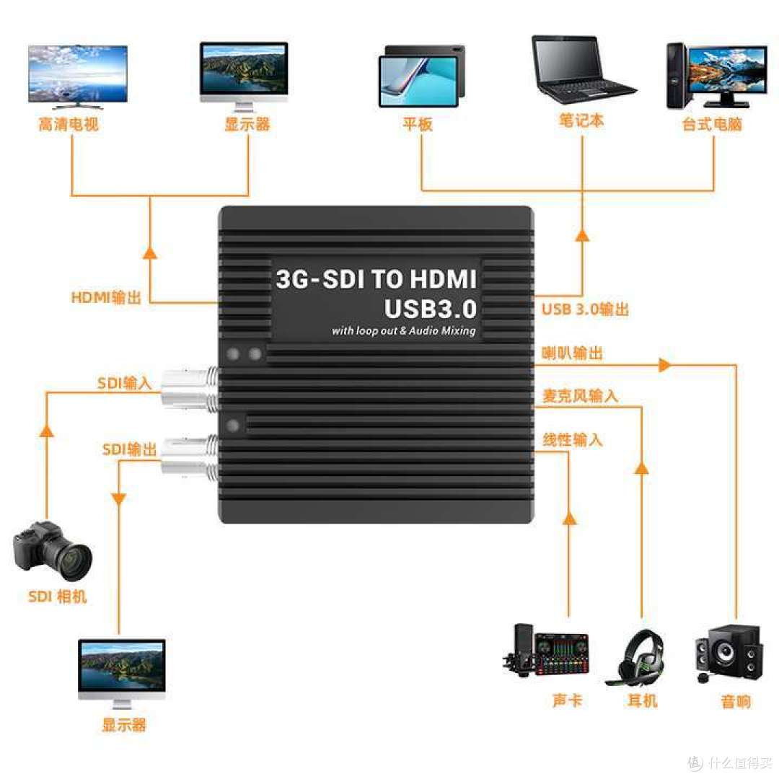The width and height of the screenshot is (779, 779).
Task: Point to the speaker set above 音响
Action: coord(729,653)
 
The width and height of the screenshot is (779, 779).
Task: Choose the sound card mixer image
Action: coord(546,650)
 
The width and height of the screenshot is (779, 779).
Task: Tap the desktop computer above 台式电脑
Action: coord(716,76)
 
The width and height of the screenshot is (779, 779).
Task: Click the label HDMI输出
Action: coord(106,297)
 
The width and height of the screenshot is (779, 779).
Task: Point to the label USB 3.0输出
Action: coord(585,309)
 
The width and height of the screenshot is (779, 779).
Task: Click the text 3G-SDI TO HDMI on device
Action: coord(376,278)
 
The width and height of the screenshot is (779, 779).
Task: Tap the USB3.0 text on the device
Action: coord(430,309)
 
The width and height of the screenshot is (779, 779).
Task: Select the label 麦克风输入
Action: coord(580,396)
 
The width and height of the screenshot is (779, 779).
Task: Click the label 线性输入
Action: coord(572,440)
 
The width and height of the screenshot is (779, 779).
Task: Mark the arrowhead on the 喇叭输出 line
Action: coord(664,365)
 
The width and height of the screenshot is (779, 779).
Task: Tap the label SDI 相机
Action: coord(57,597)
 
